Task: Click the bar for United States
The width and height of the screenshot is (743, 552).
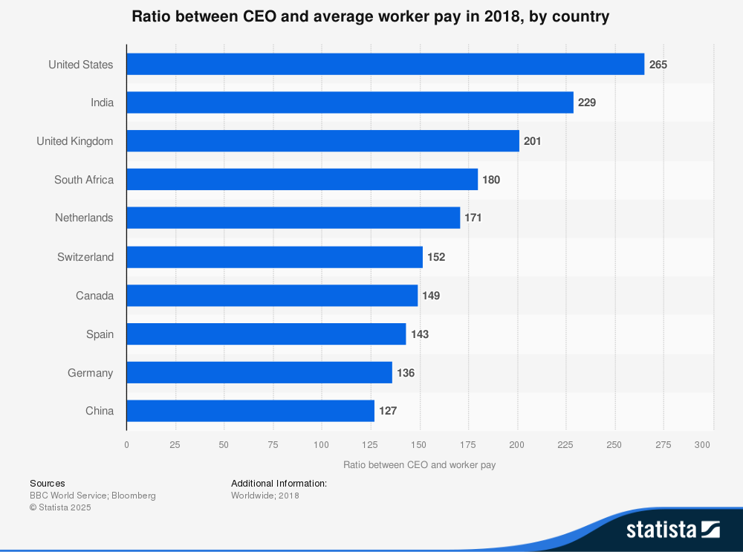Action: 385,64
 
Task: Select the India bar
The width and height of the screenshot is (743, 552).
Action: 350,103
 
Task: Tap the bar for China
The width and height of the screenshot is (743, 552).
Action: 250,411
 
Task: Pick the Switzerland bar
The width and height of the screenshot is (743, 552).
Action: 274,257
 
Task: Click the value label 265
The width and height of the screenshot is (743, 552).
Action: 658,65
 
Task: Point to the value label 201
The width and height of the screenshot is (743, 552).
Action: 532,141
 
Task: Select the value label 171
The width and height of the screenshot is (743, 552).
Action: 473,218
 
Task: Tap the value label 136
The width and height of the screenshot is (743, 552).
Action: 406,373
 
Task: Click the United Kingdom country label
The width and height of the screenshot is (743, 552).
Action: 75,141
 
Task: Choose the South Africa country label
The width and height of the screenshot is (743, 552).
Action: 84,180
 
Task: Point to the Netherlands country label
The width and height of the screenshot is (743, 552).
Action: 84,218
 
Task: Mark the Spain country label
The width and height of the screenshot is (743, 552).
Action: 100,334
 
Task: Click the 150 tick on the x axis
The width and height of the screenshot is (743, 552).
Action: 420,445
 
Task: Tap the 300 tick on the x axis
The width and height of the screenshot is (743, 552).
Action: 703,445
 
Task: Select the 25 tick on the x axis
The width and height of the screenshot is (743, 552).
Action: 175,445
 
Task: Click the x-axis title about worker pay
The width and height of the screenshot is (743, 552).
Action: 420,465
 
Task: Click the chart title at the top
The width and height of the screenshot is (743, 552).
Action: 371,16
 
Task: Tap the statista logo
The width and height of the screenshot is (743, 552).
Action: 672,530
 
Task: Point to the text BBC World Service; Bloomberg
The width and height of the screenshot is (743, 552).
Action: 93,496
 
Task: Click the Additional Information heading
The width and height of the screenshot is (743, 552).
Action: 279,484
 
